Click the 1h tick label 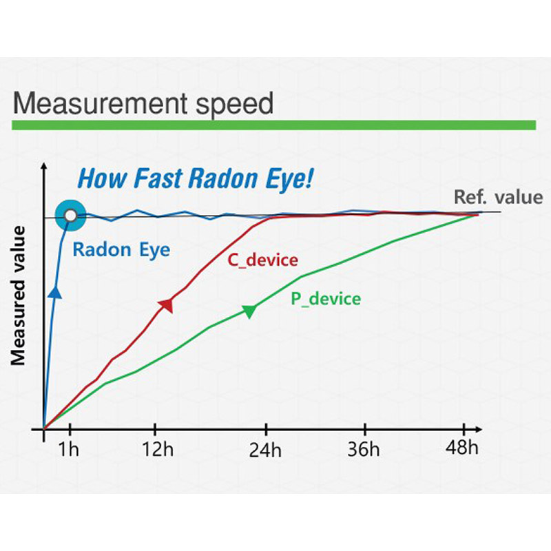pyautogui.click(x=68, y=449)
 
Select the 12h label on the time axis pyautogui.click(x=158, y=449)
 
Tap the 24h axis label pyautogui.click(x=265, y=450)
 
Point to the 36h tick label pyautogui.click(x=364, y=449)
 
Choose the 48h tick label pyautogui.click(x=462, y=448)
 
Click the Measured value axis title pyautogui.click(x=18, y=296)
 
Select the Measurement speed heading pyautogui.click(x=143, y=103)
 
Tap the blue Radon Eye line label pyautogui.click(x=121, y=250)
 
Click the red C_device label pyautogui.click(x=263, y=260)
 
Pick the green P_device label pyautogui.click(x=326, y=299)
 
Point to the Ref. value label pyautogui.click(x=498, y=197)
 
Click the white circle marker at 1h pyautogui.click(x=71, y=216)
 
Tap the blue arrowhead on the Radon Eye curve pyautogui.click(x=55, y=292)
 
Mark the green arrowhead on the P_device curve pyautogui.click(x=249, y=311)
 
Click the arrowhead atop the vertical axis pyautogui.click(x=44, y=166)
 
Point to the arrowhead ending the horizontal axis pyautogui.click(x=479, y=429)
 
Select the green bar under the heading pyautogui.click(x=273, y=125)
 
